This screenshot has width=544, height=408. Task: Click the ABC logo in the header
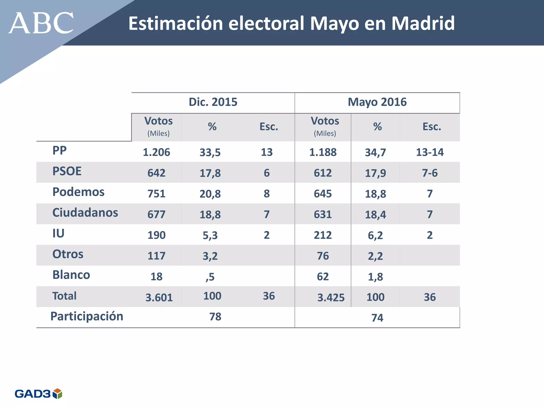click(41, 23)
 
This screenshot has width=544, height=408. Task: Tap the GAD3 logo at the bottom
click(38, 393)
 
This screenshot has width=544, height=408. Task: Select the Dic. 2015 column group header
click(213, 102)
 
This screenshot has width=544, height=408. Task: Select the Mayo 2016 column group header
click(377, 102)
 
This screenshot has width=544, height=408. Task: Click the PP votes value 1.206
click(156, 152)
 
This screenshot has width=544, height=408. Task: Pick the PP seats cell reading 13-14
click(430, 152)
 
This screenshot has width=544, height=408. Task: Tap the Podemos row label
click(78, 192)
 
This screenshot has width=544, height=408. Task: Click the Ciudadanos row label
click(85, 212)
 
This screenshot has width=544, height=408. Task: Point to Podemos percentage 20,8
click(210, 194)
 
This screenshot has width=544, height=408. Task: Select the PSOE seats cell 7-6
click(430, 173)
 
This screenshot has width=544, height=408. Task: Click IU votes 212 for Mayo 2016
click(323, 235)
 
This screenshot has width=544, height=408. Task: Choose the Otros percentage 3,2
click(210, 256)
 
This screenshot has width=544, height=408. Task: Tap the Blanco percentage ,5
click(210, 277)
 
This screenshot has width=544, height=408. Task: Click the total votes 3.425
click(331, 297)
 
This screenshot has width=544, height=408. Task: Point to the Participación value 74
click(377, 318)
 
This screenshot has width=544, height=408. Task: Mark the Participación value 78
click(215, 317)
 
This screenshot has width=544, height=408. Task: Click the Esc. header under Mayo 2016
click(432, 127)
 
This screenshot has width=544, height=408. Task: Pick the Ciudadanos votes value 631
click(323, 214)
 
